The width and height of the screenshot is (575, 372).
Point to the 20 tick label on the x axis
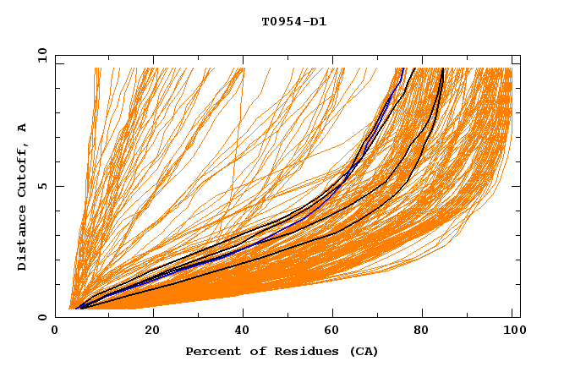point(152,332)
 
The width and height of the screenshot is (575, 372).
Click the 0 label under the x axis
point(56,332)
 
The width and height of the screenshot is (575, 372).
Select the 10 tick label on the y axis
point(41,55)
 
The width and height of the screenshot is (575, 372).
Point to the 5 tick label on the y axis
point(45,186)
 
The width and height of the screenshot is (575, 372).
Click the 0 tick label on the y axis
point(45,317)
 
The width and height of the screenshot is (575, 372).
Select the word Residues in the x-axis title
point(296,351)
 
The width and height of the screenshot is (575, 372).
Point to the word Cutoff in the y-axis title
point(22,173)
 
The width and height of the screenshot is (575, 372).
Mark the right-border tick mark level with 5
point(517,186)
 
